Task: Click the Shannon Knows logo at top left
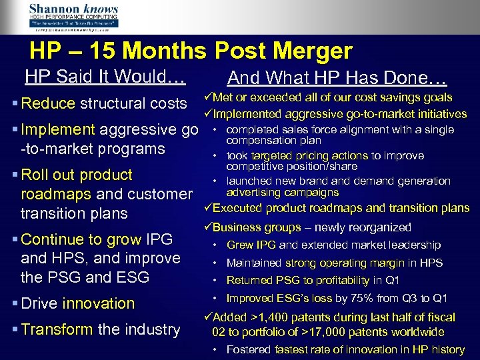[x=73, y=17]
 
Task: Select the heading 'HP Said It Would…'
[x=105, y=76]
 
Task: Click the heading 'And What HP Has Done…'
[x=337, y=77]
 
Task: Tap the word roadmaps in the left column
[x=57, y=194]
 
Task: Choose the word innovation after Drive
[x=99, y=303]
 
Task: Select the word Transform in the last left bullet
[x=58, y=329]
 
